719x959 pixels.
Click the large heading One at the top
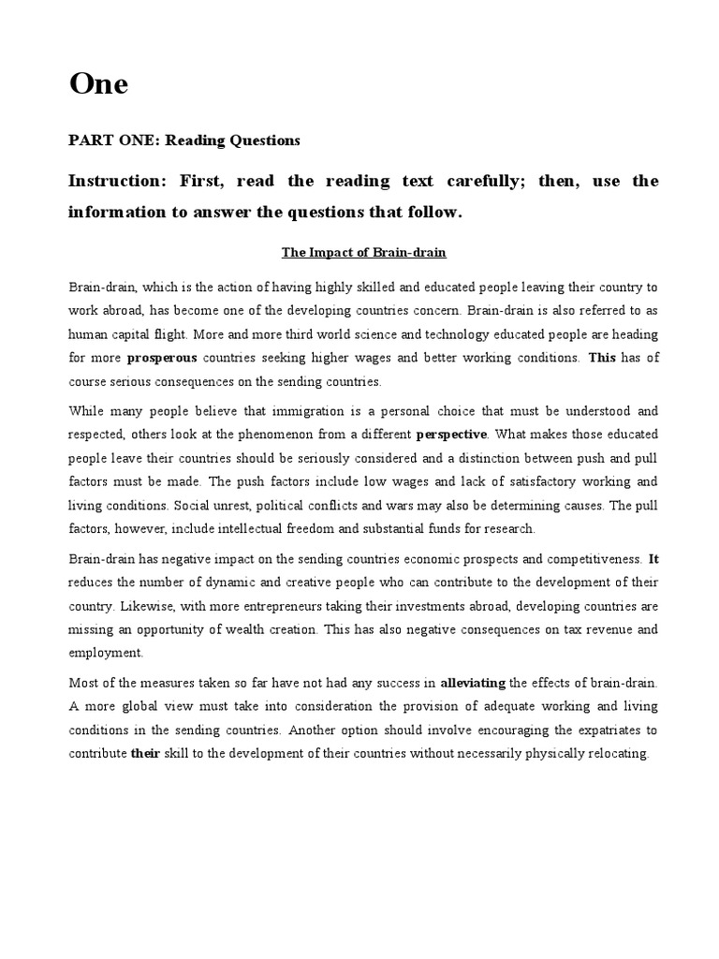click(98, 85)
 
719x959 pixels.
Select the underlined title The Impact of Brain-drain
click(364, 252)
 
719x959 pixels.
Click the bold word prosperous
click(161, 357)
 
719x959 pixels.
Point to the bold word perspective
click(451, 434)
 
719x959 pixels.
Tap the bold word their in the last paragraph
click(145, 753)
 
